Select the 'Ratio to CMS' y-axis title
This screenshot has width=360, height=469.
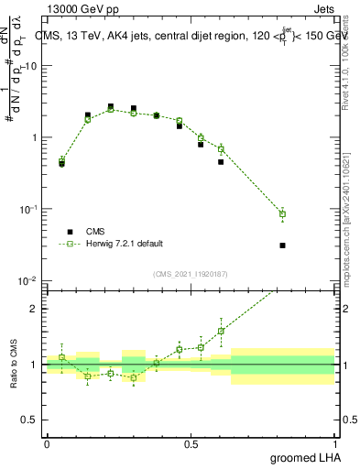(12, 365)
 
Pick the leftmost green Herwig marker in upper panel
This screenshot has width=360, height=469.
(61, 160)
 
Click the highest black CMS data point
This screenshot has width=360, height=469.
(110, 107)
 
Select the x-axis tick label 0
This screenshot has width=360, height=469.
(47, 443)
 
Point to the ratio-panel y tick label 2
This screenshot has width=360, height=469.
(36, 309)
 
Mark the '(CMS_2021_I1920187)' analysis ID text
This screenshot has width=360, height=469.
(190, 273)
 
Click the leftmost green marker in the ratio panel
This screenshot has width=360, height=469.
(61, 357)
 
